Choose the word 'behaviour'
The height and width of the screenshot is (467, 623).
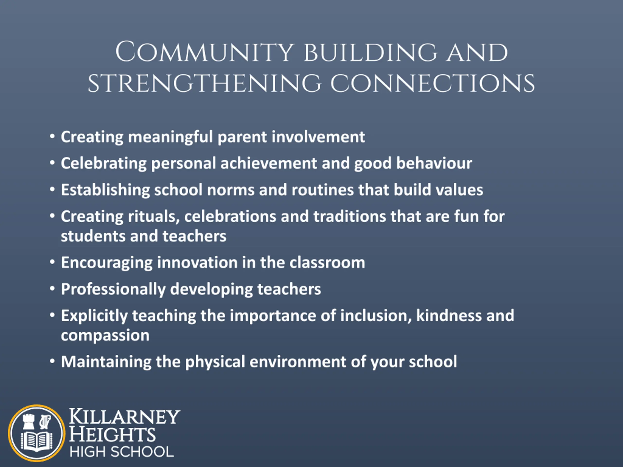pyautogui.click(x=434, y=163)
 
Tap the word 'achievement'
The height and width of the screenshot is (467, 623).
pyautogui.click(x=269, y=163)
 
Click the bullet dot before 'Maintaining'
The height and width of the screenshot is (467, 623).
pyautogui.click(x=52, y=361)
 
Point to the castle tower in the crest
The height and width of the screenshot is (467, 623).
pyautogui.click(x=29, y=422)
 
